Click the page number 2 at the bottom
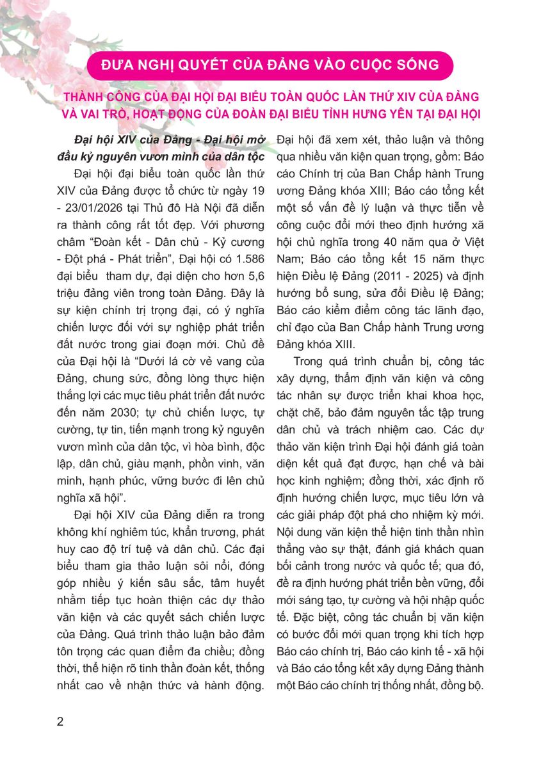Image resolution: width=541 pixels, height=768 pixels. [60, 722]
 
